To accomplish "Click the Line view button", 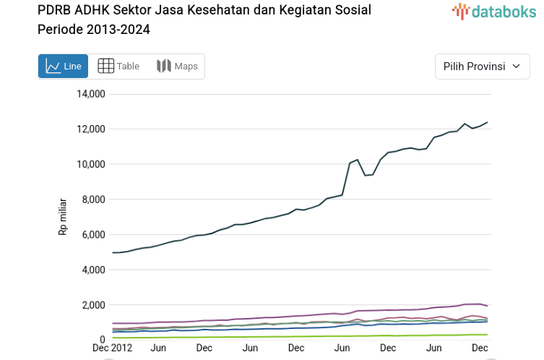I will [x=63, y=67].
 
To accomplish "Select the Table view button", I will [x=118, y=67].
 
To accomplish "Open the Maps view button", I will [x=177, y=67].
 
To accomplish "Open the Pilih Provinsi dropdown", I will [x=482, y=67].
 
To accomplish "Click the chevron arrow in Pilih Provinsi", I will [x=516, y=67].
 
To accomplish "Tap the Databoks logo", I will [x=489, y=11].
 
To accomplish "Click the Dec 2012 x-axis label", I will [x=112, y=348].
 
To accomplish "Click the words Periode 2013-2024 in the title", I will [x=94, y=30].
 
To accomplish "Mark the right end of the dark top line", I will [x=487, y=122].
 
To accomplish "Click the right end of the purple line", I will [x=487, y=306].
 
